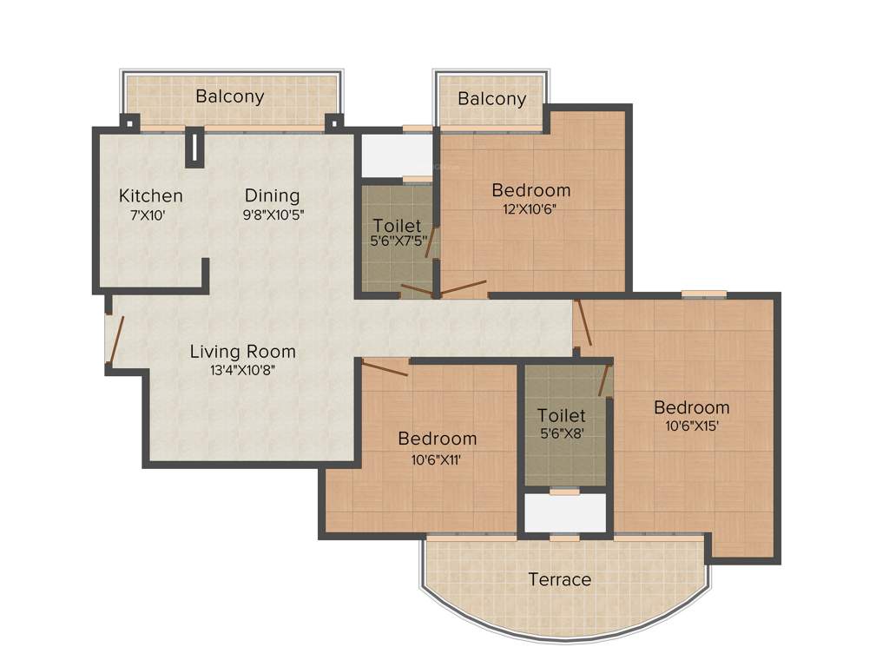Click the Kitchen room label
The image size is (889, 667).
pos(151,195)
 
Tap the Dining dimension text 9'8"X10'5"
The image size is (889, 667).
pos(272,214)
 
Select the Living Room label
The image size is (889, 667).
pos(243,352)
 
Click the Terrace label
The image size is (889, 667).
pos(560,579)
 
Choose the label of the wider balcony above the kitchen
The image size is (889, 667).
pos(230,96)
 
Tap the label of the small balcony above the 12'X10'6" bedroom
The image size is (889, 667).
pos(492,98)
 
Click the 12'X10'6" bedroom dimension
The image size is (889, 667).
pos(531,208)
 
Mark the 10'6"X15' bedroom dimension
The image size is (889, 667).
pos(691,426)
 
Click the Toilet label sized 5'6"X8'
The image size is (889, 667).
pos(561,415)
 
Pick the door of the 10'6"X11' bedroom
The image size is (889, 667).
pos(385,368)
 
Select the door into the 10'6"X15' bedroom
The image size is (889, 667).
pos(584,323)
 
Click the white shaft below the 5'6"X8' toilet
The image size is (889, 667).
pos(565,512)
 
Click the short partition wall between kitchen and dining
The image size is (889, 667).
pos(195,148)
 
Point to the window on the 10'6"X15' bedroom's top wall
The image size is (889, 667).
pos(703,294)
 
